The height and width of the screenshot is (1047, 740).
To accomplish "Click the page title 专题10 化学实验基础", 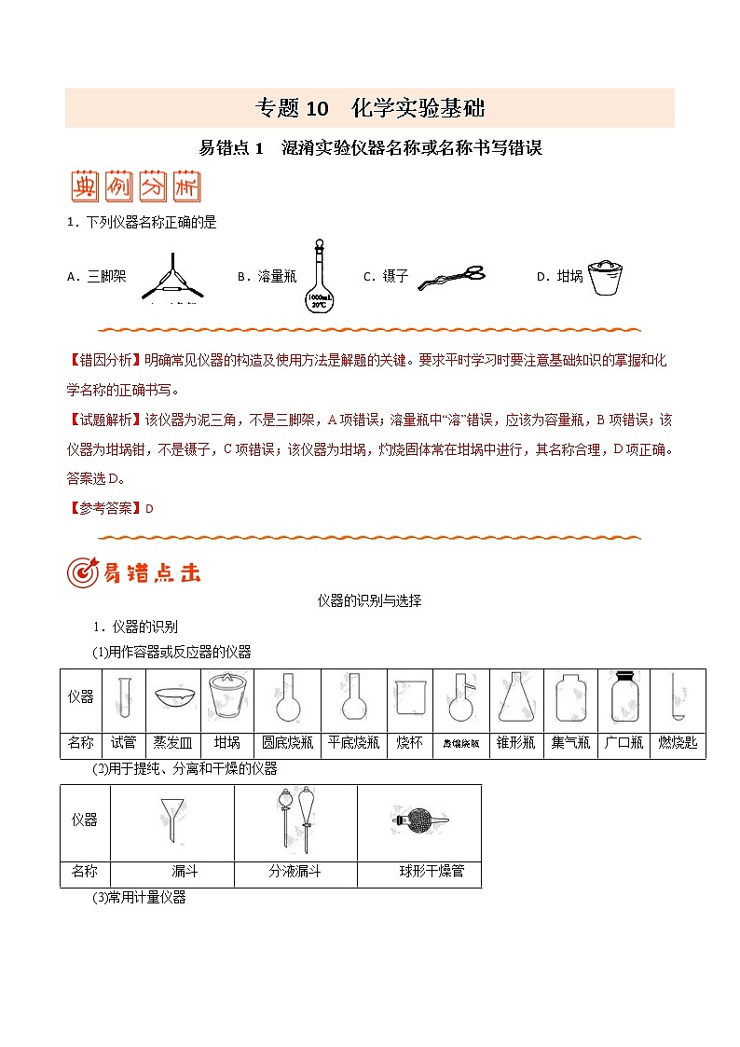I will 370,108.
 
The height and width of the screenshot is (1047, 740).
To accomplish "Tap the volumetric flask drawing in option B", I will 319,276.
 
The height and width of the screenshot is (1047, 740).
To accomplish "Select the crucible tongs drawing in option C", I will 451,277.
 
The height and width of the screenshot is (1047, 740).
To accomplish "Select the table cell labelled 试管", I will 123,743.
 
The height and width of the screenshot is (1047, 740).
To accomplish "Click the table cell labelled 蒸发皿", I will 173,743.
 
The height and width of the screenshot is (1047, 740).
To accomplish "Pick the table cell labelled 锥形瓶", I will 515,743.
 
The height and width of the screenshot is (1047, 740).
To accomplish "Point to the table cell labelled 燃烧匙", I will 678,743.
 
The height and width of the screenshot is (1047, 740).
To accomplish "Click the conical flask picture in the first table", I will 515,699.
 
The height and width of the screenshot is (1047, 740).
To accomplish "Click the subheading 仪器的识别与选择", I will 369,600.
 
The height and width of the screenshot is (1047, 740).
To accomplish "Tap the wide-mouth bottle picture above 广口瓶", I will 624,698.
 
